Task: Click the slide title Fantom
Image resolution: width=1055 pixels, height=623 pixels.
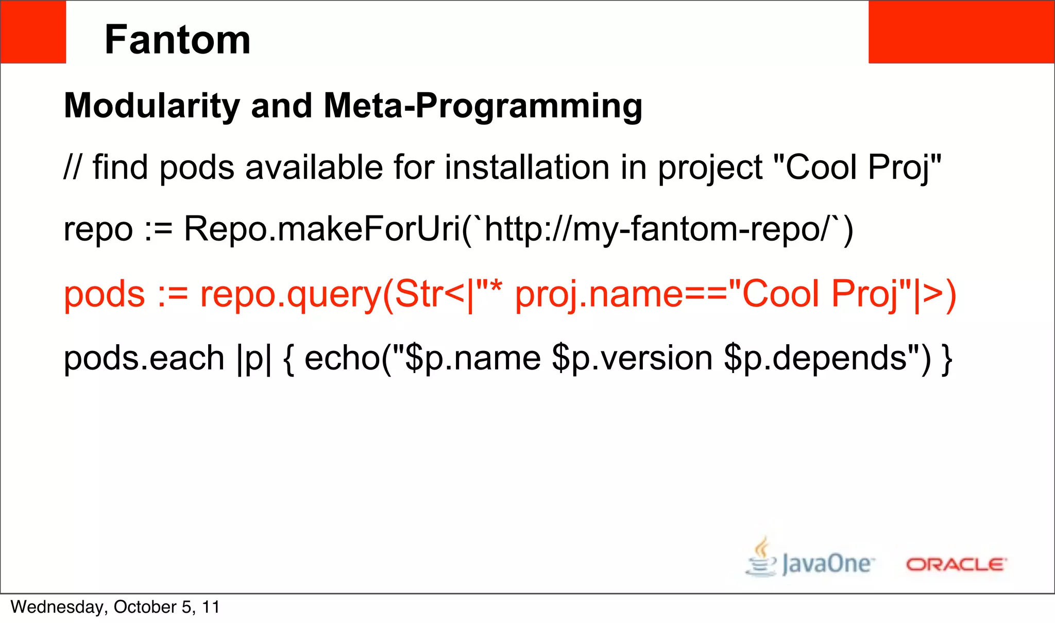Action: pyautogui.click(x=177, y=40)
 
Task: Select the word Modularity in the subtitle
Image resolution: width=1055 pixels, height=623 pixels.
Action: pyautogui.click(x=152, y=106)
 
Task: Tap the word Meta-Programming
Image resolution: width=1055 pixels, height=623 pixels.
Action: pyautogui.click(x=483, y=106)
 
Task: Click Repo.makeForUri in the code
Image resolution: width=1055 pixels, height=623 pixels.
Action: pyautogui.click(x=322, y=229)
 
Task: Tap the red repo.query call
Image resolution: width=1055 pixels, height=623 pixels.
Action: pyautogui.click(x=291, y=295)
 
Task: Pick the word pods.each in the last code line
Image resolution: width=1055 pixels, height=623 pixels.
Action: pyautogui.click(x=144, y=358)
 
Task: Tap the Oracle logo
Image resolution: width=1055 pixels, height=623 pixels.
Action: pyautogui.click(x=956, y=564)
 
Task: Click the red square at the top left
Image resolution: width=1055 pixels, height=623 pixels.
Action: pyautogui.click(x=33, y=32)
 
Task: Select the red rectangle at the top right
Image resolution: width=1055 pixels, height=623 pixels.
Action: pyautogui.click(x=961, y=32)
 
